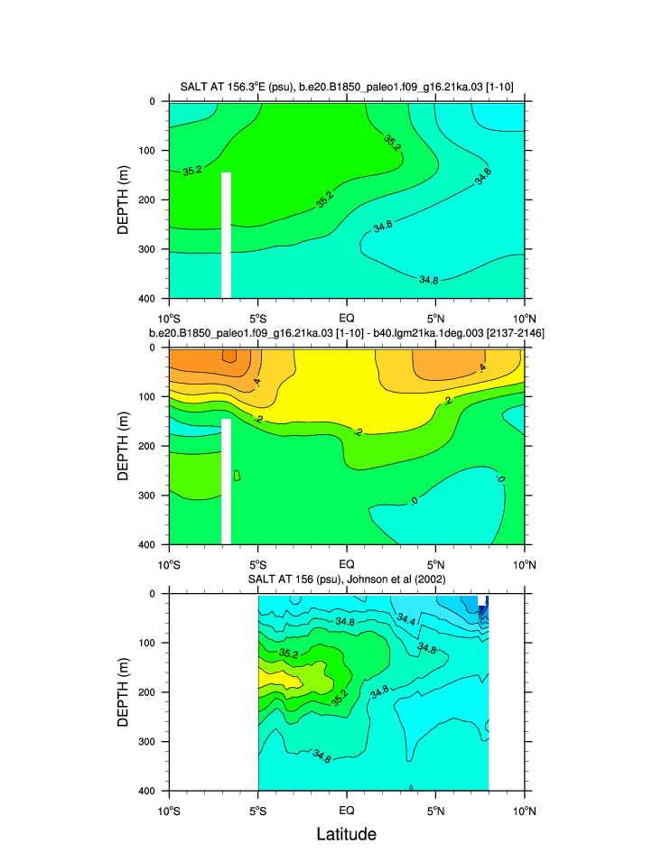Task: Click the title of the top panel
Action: coord(347,88)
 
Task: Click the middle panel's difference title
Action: coord(347,334)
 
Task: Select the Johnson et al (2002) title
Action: coord(347,579)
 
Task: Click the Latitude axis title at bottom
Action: coord(347,834)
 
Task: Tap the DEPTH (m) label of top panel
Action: coord(125,199)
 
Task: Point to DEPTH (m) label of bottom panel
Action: coord(125,692)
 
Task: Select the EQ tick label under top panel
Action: coord(347,318)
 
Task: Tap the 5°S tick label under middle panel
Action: coord(257,564)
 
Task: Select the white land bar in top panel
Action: coord(226,235)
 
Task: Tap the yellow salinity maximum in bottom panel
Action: coord(268,676)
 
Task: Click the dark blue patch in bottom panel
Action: coord(484,606)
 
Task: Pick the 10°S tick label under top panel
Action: coord(169,318)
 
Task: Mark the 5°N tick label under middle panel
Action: coord(435,564)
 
